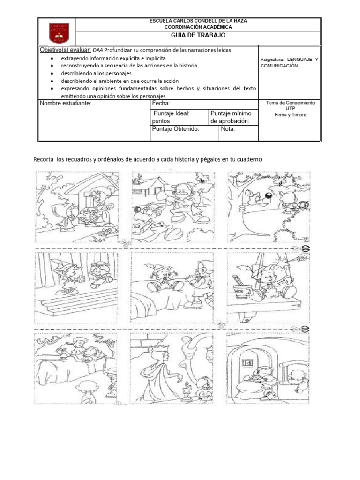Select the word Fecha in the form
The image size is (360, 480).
[x=161, y=103]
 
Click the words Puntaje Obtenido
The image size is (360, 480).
[x=176, y=128]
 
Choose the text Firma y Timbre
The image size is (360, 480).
[x=290, y=115]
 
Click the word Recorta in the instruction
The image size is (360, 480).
[x=44, y=160]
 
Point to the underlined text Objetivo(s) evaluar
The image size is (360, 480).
[x=65, y=50]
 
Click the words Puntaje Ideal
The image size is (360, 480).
[x=172, y=113]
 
